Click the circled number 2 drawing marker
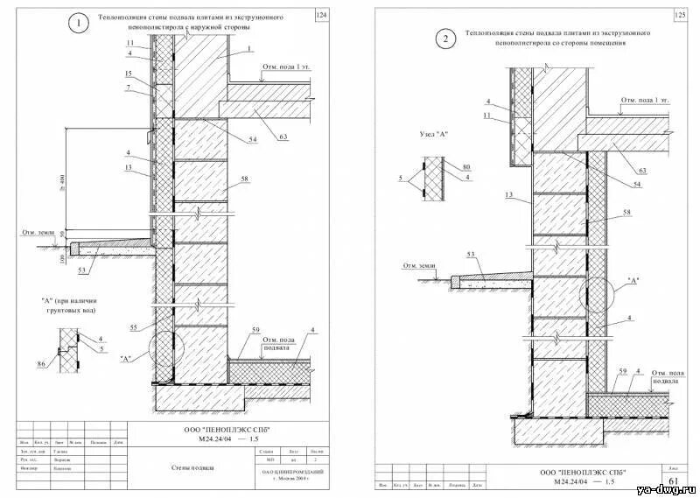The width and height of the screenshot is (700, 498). click(x=446, y=39)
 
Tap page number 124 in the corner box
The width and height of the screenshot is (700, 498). click(x=320, y=17)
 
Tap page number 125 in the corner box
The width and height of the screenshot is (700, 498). click(x=681, y=15)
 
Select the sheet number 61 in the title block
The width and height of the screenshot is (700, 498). click(x=673, y=481)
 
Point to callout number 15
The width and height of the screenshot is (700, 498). click(x=129, y=74)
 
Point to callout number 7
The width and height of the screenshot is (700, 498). click(x=129, y=88)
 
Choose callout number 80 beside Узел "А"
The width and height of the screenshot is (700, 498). click(x=466, y=166)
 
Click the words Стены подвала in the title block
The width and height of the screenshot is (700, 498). click(x=193, y=467)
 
